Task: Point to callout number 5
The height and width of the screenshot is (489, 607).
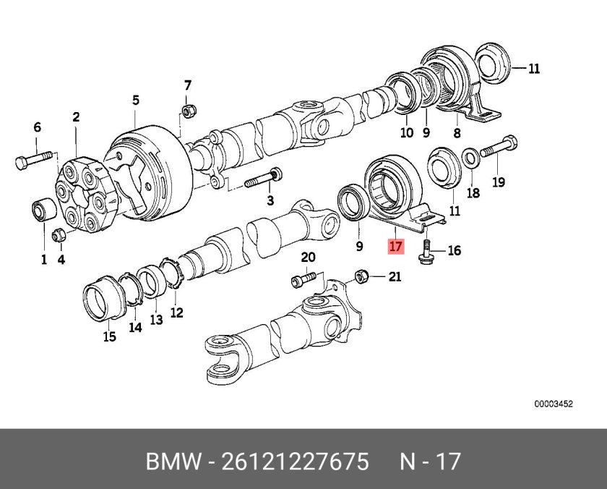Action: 135,100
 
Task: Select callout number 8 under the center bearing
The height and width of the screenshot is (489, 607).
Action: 456,132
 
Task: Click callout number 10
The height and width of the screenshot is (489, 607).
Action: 407,132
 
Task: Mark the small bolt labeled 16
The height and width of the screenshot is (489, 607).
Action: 426,253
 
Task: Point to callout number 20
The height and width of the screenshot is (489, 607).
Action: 308,258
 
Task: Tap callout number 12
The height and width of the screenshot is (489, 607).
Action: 176,312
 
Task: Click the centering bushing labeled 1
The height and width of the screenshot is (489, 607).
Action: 41,211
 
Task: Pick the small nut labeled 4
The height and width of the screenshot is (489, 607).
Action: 58,234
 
